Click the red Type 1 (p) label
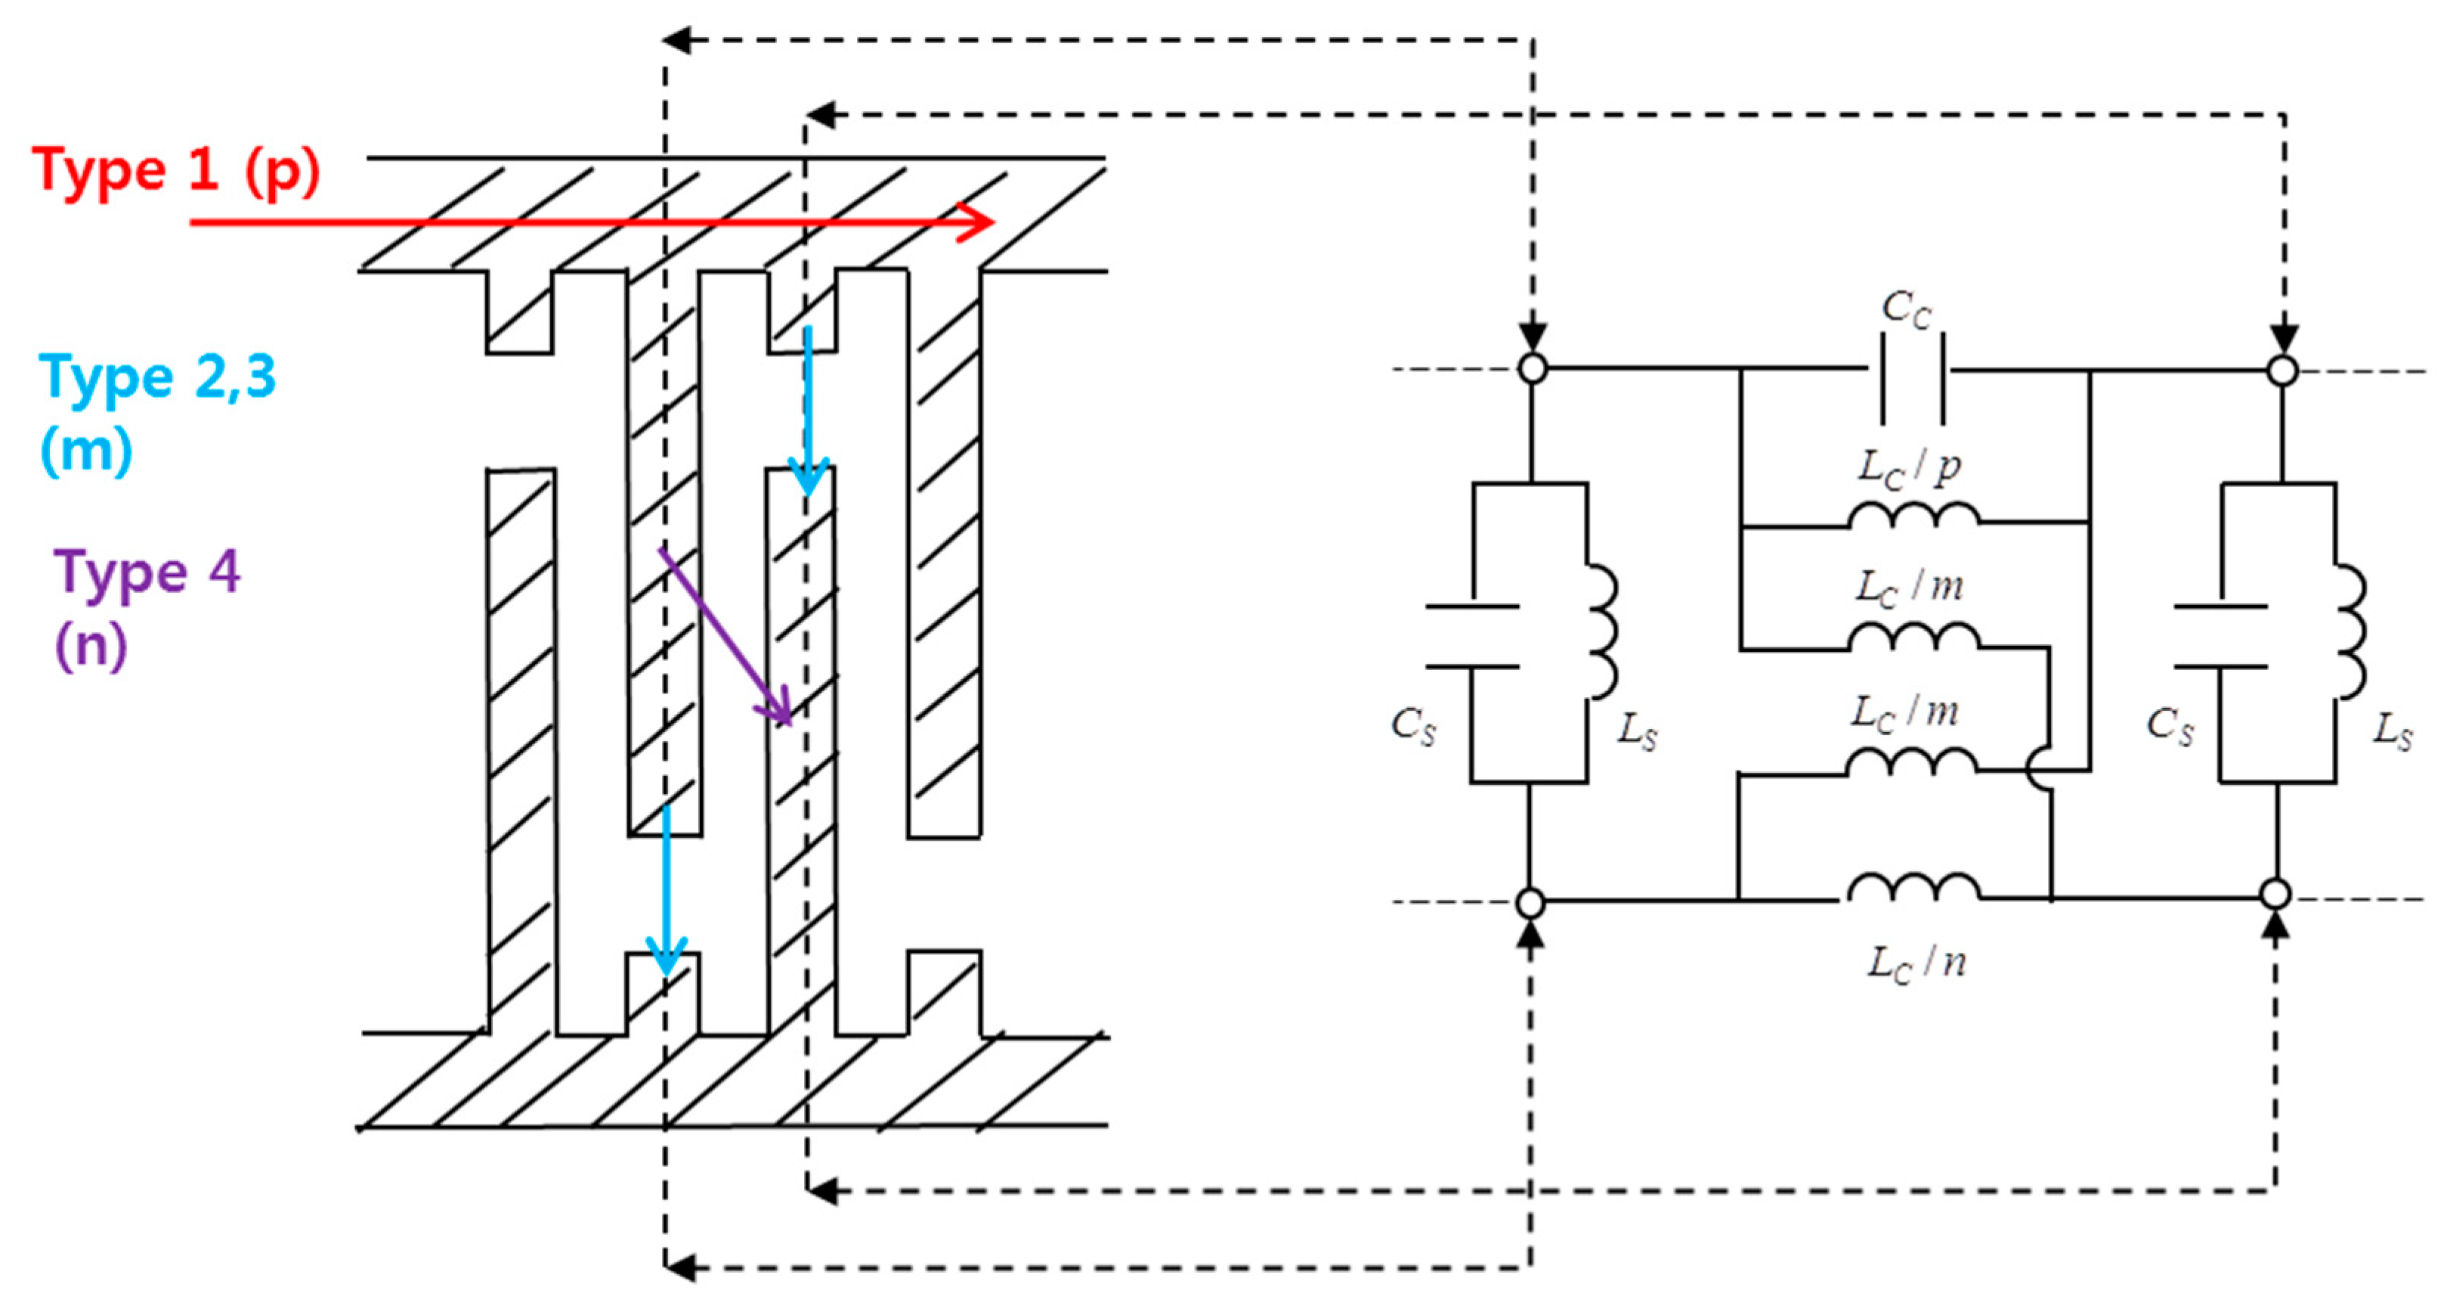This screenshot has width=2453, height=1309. pos(176,172)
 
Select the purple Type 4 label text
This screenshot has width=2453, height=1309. pos(147,572)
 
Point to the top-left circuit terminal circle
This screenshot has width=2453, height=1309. pos(1532,368)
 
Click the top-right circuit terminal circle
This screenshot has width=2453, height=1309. pos(2282,370)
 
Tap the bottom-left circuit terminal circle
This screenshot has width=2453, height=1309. pos(1530,901)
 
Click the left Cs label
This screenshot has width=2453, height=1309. pos(1413,726)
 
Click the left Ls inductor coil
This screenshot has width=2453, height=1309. pos(1603,631)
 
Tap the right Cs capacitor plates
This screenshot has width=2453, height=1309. pos(2221,637)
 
